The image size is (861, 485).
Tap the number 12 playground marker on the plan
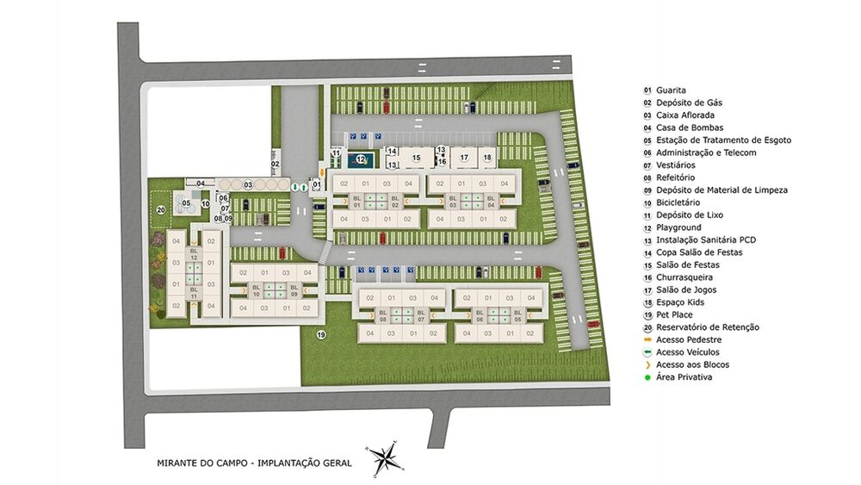(x=362, y=159)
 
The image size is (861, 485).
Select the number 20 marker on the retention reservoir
(x=160, y=209)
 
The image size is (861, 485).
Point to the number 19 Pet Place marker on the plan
(x=321, y=334)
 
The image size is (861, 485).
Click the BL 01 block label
(x=356, y=201)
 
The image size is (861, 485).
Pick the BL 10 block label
(x=256, y=291)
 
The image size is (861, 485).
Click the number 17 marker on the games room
(x=463, y=158)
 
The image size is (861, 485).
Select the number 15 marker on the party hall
(x=415, y=158)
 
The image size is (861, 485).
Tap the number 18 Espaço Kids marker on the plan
(x=487, y=158)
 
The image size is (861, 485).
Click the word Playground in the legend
(x=678, y=227)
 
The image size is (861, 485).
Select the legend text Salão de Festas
(x=687, y=265)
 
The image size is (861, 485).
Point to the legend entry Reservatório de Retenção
(x=707, y=327)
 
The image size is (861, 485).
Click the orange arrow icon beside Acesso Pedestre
(x=647, y=339)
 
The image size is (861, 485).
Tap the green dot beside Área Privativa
(x=647, y=377)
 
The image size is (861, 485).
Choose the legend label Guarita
(x=671, y=90)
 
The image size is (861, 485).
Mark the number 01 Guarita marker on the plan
(x=317, y=184)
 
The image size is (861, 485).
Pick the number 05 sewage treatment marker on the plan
(x=186, y=203)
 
